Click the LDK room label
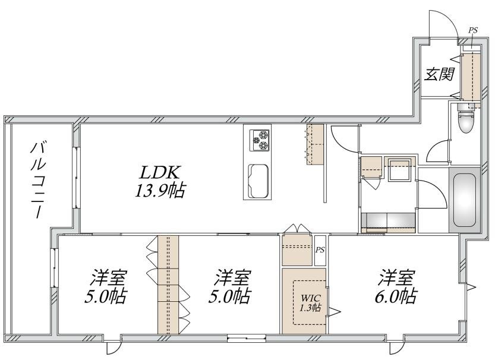[x=160, y=173]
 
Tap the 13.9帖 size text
[x=160, y=190]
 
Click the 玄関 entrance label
[x=439, y=74]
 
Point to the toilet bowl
[x=466, y=123]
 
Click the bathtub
[x=464, y=200]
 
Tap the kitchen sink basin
[x=258, y=181]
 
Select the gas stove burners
[x=260, y=140]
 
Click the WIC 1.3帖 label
[x=311, y=302]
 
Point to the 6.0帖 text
[x=396, y=296]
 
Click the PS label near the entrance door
[x=472, y=30]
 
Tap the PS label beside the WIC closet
[x=320, y=250]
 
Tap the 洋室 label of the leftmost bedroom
[x=108, y=277]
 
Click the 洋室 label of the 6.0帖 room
[x=396, y=277]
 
